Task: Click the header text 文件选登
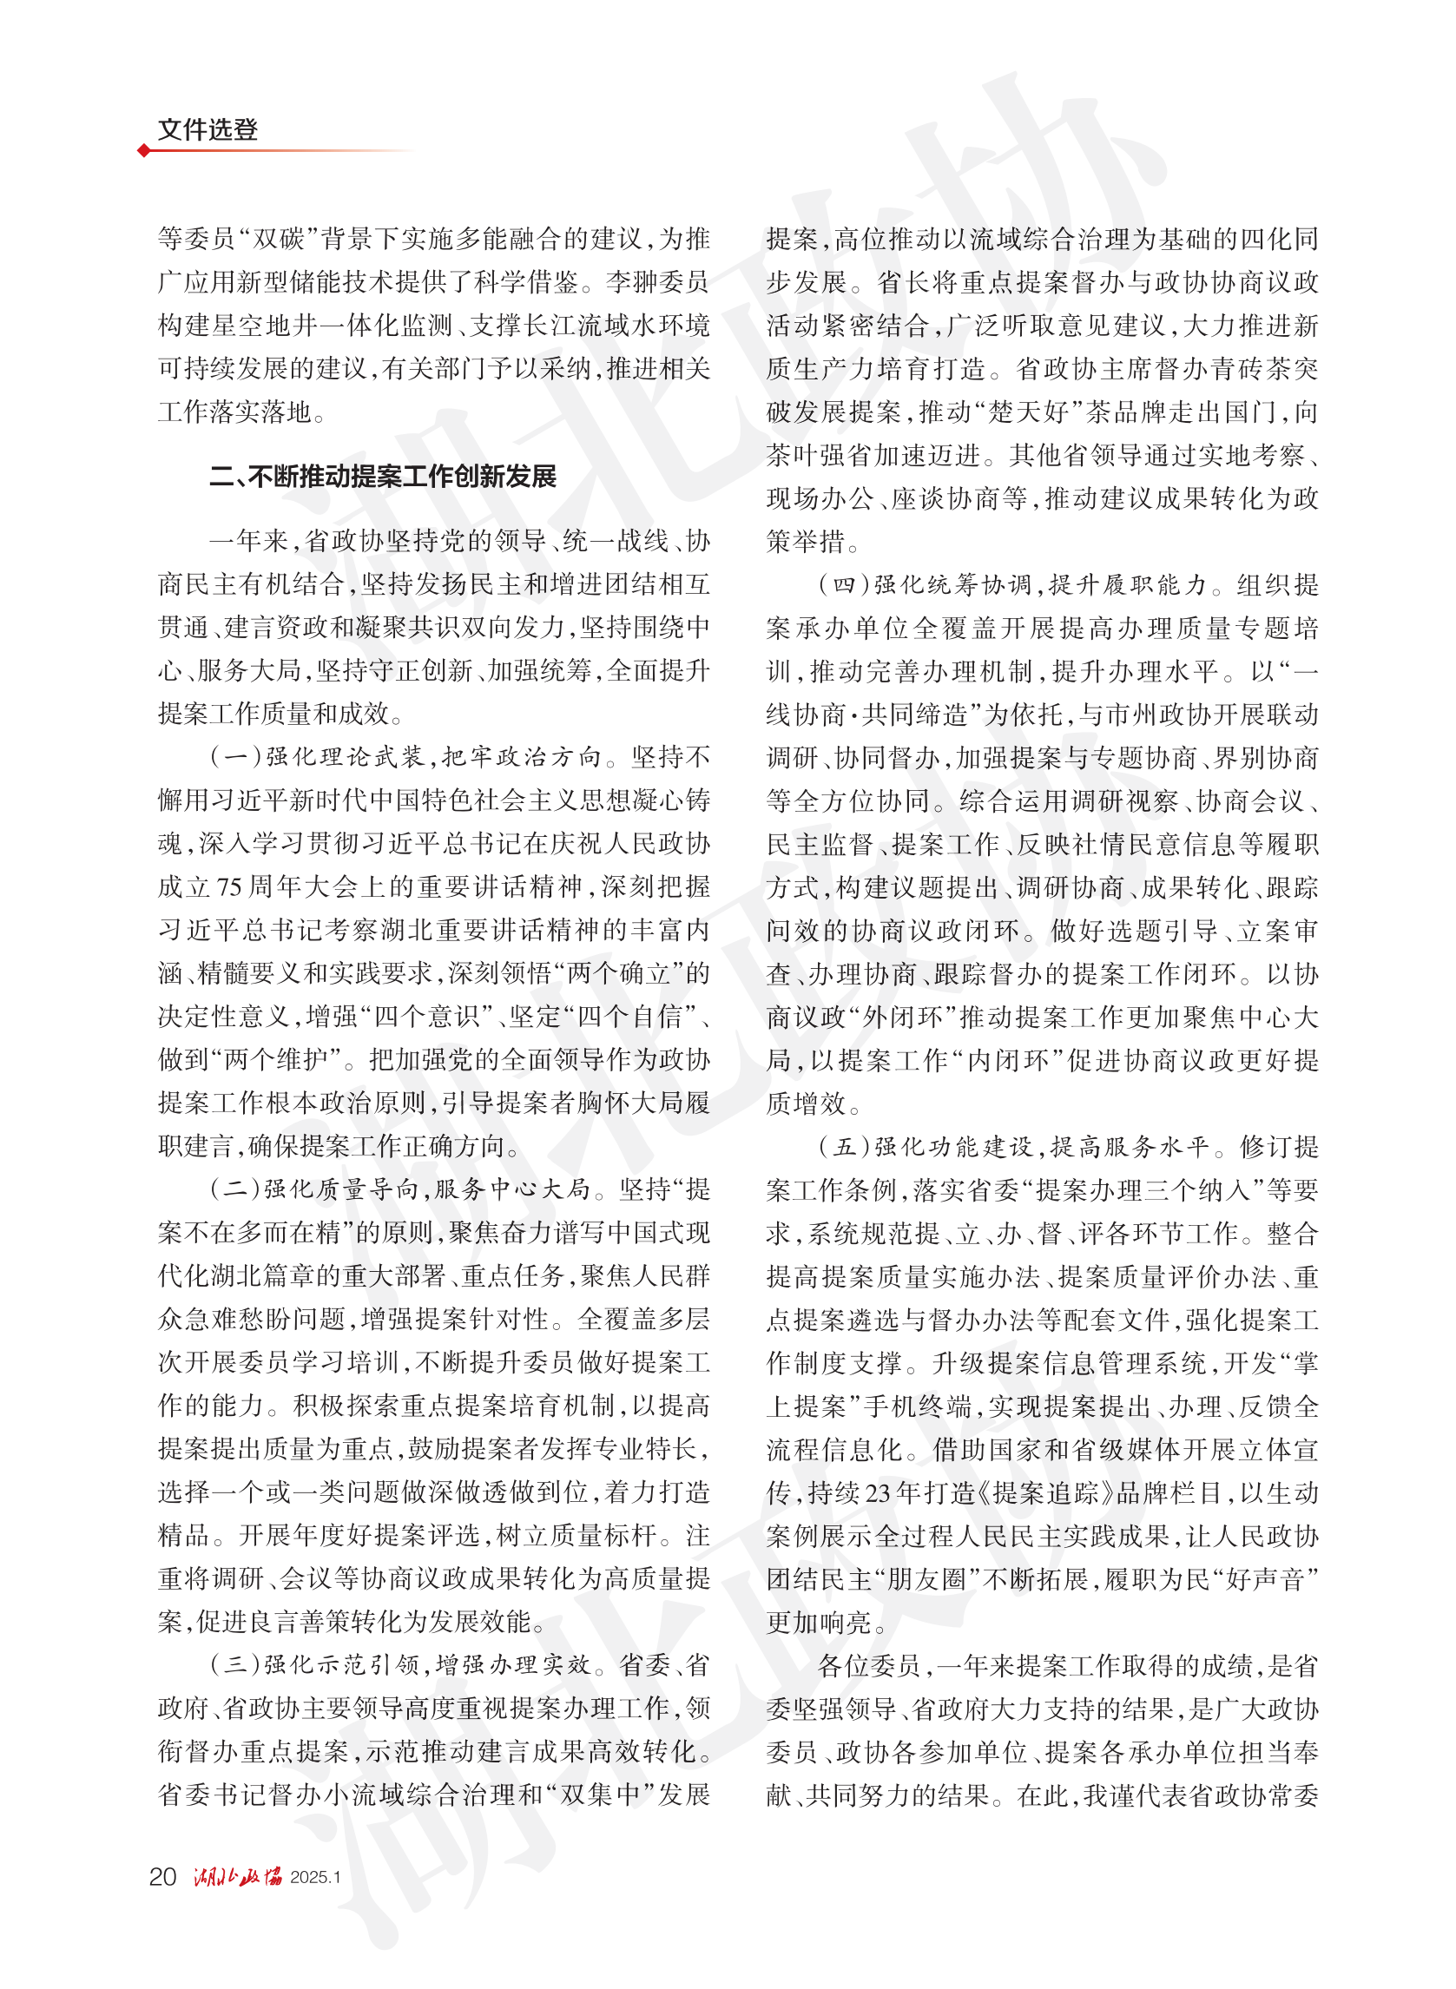[x=208, y=129]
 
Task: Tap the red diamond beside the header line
[x=143, y=151]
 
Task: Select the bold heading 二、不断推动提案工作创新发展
[x=383, y=477]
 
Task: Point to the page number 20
[x=163, y=1876]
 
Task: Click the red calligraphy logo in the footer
[x=238, y=1876]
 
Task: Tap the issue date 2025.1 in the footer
[x=314, y=1877]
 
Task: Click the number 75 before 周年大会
[x=229, y=886]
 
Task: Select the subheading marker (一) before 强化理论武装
[x=236, y=757]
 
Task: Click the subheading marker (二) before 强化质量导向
[x=236, y=1189]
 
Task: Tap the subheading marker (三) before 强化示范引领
[x=236, y=1664]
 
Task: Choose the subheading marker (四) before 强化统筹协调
[x=844, y=585]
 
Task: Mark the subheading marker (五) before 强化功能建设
[x=844, y=1148]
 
